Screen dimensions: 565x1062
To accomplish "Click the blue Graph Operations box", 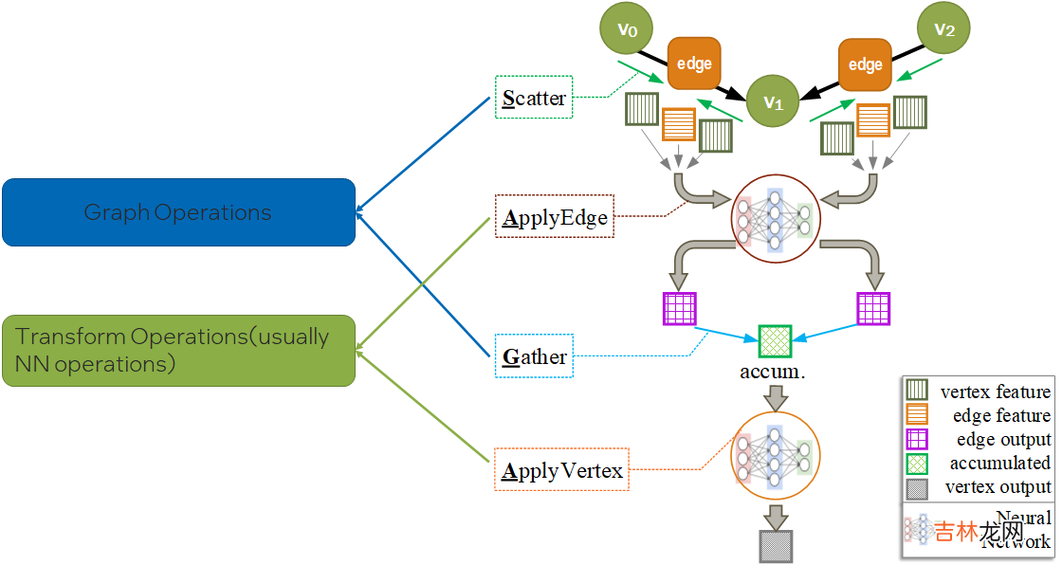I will click(178, 212).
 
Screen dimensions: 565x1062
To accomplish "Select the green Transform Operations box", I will click(178, 350).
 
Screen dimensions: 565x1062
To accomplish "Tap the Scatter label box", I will click(534, 98).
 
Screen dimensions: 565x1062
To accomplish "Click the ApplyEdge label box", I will click(555, 217).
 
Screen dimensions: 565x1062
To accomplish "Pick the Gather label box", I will click(535, 356).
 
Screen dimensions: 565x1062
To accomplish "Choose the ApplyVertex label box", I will click(562, 469).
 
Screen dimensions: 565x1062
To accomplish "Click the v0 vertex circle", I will click(627, 28).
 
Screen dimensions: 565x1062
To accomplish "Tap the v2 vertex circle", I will click(943, 28).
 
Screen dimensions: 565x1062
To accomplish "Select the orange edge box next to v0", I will click(695, 64).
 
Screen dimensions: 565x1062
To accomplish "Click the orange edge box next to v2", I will click(865, 64).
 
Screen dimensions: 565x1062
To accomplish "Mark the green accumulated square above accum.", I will click(775, 340).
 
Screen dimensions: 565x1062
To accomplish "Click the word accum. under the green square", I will click(773, 372).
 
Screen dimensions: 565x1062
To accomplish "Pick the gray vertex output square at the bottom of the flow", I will click(775, 547).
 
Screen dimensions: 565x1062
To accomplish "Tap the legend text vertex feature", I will click(995, 392).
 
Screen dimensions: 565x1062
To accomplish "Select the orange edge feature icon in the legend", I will click(917, 415).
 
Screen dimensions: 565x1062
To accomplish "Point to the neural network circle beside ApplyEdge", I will click(775, 218).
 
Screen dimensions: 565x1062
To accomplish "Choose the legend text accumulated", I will click(999, 463).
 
